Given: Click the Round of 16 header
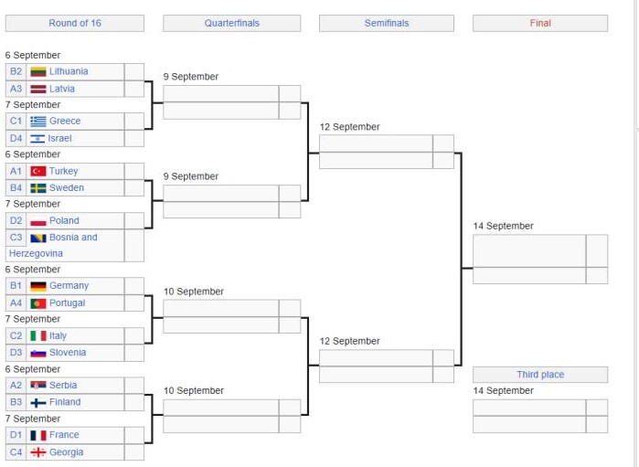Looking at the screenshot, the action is click(x=75, y=23).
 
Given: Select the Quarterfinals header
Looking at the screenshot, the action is click(x=232, y=23).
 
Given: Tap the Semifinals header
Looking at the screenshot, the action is click(x=387, y=23).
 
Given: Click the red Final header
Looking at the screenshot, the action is click(x=540, y=23).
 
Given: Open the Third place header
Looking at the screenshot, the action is click(x=540, y=375).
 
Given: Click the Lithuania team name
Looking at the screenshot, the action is click(x=69, y=71).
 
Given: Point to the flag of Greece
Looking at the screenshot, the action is click(x=38, y=121).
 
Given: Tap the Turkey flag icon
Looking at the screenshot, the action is click(x=38, y=171).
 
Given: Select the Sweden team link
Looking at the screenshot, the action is click(x=67, y=188).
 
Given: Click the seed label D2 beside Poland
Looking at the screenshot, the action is click(x=16, y=220).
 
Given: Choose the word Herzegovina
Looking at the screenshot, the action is click(x=36, y=253).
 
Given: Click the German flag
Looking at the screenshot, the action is click(x=38, y=286).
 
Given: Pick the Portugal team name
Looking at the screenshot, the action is click(x=68, y=303).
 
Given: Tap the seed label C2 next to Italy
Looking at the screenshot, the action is click(x=16, y=335).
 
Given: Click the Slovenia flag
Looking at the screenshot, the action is click(x=38, y=353).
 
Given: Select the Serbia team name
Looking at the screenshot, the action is click(x=63, y=385).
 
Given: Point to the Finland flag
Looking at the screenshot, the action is click(x=38, y=403).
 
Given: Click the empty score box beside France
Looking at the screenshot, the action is click(x=134, y=435).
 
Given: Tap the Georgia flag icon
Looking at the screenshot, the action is click(x=38, y=452).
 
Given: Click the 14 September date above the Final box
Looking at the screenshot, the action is click(x=504, y=226).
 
